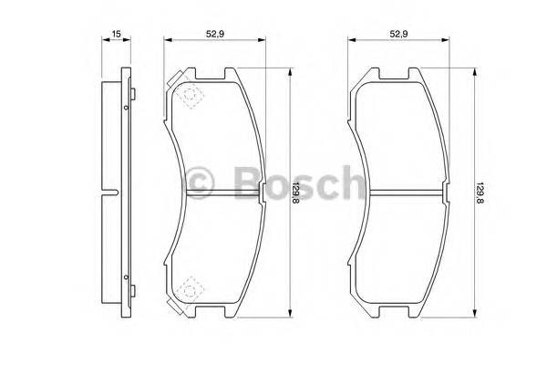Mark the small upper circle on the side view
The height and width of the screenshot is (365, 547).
coord(124,108)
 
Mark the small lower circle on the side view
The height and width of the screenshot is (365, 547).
coord(124,274)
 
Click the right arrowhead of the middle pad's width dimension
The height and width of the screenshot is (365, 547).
coord(263,41)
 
